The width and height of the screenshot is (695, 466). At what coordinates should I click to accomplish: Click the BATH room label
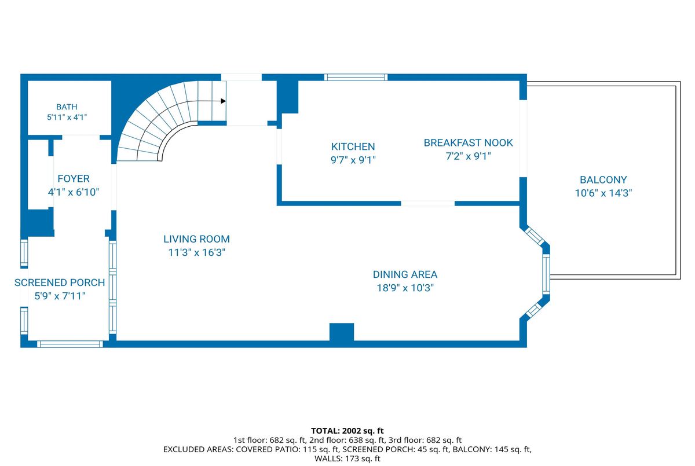coord(67,107)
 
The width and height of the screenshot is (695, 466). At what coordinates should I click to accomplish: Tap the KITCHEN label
coord(353,146)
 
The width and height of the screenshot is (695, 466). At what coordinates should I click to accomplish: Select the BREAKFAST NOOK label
coord(468,143)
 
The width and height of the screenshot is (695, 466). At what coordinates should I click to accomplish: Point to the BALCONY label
coord(603,180)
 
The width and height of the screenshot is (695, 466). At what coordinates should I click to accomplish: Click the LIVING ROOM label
coord(196,239)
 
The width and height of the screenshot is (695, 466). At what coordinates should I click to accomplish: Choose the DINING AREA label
coord(405,274)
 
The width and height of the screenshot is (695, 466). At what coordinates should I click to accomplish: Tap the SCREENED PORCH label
coord(60,282)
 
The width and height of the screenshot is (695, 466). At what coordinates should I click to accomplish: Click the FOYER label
coord(74,179)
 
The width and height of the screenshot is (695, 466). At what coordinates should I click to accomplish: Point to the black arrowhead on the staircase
coord(224,101)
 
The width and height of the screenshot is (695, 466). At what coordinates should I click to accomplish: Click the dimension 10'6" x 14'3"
coord(603,193)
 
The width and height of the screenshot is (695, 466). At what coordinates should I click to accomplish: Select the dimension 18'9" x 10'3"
coord(405,288)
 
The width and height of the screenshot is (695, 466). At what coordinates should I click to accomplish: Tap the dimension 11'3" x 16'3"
coord(196,252)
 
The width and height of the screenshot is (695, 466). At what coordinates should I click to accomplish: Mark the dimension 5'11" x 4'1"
coord(67,117)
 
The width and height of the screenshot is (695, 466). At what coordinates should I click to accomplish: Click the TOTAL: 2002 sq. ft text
coord(347,431)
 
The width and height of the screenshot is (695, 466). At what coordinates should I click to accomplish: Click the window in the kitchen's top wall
coord(356,77)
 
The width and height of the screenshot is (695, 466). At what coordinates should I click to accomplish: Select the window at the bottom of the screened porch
coord(70,344)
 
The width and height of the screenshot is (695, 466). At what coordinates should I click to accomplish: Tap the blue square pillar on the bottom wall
coord(342,332)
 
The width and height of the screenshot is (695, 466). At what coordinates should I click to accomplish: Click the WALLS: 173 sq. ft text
coord(347,458)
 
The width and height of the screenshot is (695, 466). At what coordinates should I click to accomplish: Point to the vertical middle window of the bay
coord(546,274)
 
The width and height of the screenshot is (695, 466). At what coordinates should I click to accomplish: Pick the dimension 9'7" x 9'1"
coord(353,160)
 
